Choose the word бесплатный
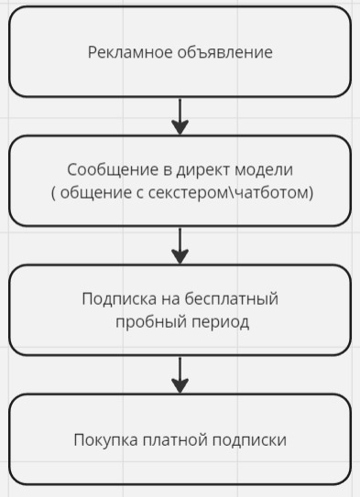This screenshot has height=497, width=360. coord(232,299)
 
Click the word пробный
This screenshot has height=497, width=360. coord(147,322)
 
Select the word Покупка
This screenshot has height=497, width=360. coord(105,440)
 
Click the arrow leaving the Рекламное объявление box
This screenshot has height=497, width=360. coord(180,115)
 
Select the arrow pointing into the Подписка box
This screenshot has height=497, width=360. coord(180,245)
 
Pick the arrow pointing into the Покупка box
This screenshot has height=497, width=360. coord(180,374)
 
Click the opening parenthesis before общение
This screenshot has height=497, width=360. coord(54,193)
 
